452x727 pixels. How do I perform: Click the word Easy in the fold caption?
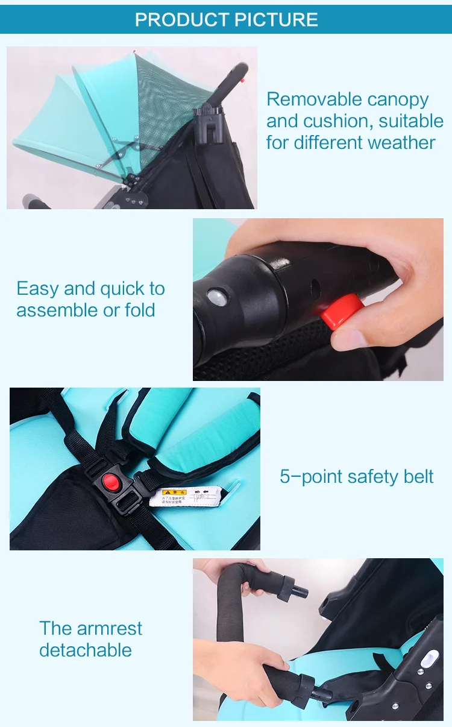[38, 289]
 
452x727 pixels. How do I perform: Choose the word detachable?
[86, 650]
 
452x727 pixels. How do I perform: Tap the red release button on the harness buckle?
[111, 482]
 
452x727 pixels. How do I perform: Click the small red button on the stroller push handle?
[242, 79]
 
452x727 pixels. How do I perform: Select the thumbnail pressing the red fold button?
[318, 300]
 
